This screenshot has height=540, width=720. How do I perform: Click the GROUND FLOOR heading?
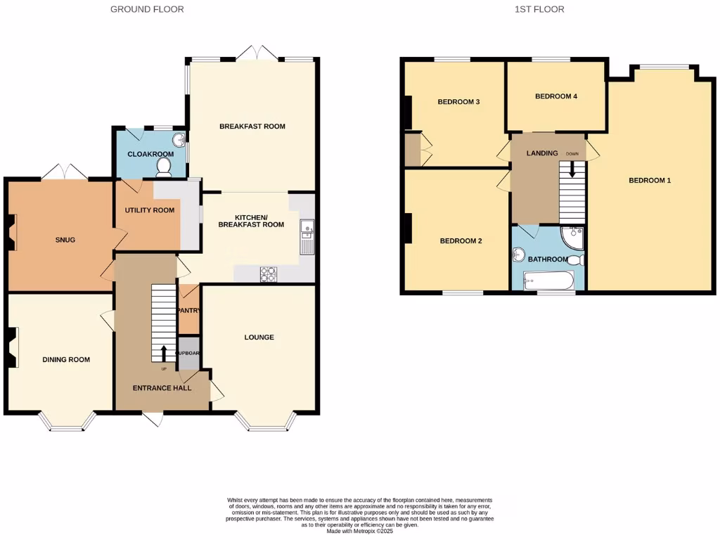[x=147, y=9]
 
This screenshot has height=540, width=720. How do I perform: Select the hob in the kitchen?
[x=269, y=274]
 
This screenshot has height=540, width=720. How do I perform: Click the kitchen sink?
[x=307, y=237]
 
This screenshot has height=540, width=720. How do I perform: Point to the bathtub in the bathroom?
[x=548, y=281]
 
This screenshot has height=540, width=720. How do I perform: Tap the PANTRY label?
[x=189, y=310]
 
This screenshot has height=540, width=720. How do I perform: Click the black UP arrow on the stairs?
[x=164, y=352]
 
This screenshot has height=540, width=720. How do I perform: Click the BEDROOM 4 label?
[x=555, y=96]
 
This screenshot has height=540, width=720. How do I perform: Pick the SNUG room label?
[x=65, y=240]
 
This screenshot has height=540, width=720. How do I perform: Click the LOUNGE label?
[x=259, y=337]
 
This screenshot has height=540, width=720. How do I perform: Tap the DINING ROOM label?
[x=66, y=360]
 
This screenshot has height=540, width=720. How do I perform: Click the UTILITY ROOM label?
[x=149, y=210]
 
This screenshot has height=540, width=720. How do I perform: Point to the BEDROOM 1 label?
[x=649, y=181]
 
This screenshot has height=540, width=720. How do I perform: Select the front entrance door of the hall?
[x=153, y=418]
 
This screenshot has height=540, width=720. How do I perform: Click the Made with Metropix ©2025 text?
[x=359, y=531]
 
